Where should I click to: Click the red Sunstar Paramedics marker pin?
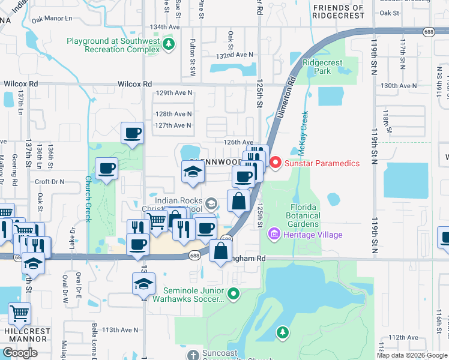[x=276, y=163]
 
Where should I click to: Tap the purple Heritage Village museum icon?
[x=274, y=234]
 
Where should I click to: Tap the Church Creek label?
[x=87, y=199]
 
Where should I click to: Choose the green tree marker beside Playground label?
[x=170, y=44]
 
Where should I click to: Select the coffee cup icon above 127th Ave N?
[x=132, y=133]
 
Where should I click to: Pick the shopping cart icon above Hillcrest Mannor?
[x=19, y=313]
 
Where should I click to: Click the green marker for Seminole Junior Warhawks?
[x=234, y=293]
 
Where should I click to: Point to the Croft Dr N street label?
[x=50, y=181]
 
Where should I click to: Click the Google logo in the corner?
[x=20, y=353]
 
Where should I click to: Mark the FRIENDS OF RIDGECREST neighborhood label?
[x=338, y=12]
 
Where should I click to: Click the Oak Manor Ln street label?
[x=52, y=19]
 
